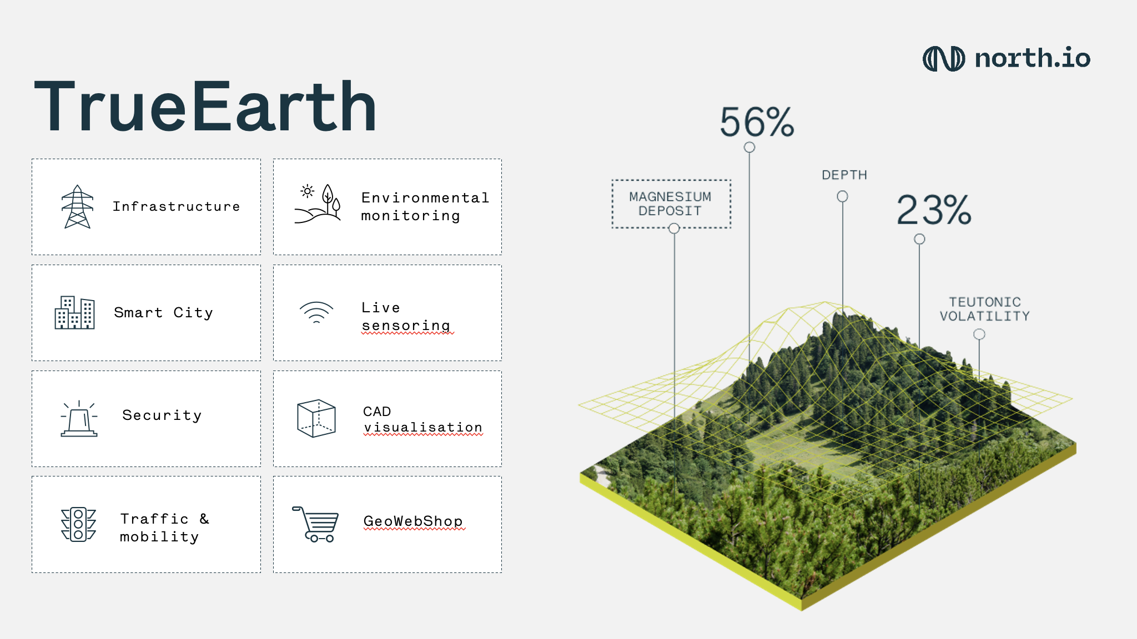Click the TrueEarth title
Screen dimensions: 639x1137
[x=205, y=106]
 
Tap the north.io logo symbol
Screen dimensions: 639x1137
[x=943, y=59]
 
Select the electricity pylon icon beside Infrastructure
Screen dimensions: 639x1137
[x=78, y=207]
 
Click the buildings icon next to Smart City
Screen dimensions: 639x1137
[x=74, y=313]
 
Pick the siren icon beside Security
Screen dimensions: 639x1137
[x=79, y=419]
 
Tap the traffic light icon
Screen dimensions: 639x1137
[x=78, y=524]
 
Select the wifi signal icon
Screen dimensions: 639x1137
[x=316, y=312]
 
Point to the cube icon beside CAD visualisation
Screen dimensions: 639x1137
[x=316, y=418]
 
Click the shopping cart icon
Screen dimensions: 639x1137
[x=315, y=524]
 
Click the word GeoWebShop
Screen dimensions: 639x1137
[x=413, y=521]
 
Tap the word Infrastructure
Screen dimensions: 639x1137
[x=177, y=207]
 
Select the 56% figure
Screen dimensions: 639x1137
[x=757, y=122]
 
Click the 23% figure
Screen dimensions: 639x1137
[x=934, y=210]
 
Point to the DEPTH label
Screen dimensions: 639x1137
[x=844, y=175]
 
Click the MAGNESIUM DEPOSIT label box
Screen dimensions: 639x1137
[x=671, y=204]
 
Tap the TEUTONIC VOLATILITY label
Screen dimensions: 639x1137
[x=984, y=309]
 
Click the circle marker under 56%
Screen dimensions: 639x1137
[x=749, y=148]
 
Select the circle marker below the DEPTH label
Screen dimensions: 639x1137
[x=842, y=196]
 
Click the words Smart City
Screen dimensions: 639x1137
[x=163, y=313]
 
